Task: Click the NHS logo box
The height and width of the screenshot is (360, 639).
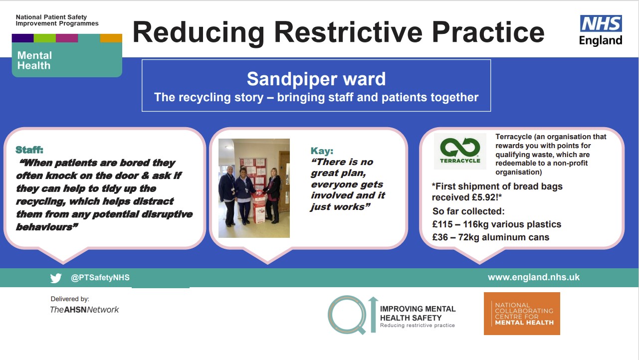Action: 601,23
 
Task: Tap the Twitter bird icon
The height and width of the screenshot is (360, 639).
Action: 56,278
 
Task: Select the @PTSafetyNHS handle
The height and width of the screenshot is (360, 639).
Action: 100,278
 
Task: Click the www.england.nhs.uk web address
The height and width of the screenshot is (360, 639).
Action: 533,277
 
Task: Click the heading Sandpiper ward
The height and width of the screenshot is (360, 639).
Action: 316,79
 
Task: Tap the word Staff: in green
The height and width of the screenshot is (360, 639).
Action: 29,150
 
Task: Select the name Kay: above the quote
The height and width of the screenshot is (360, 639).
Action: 322,151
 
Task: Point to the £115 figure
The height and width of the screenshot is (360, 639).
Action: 442,224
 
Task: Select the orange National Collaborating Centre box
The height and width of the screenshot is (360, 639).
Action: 522,314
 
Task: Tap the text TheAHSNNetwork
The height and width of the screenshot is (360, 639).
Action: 84,310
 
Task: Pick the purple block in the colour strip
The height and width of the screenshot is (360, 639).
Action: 22,38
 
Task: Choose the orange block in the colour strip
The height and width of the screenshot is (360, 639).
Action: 111,38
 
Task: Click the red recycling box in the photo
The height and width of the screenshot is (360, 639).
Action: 259,206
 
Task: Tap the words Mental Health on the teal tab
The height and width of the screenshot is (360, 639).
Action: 34,60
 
